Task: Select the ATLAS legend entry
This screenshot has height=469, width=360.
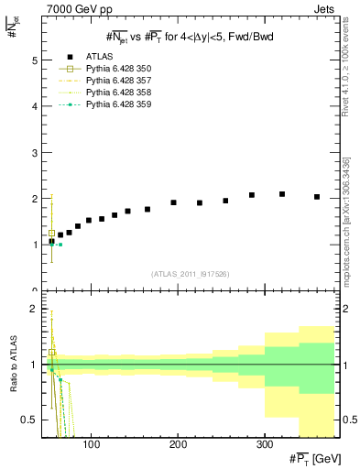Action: pos(102,57)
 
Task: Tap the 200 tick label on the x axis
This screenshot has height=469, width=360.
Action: pos(178,446)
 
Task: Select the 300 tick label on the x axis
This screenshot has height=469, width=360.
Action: pos(264,446)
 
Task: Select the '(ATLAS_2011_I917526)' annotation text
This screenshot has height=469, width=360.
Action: pos(190,274)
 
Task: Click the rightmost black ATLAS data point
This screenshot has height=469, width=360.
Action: pos(317,196)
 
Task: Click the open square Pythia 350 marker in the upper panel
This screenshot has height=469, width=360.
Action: pos(51,233)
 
